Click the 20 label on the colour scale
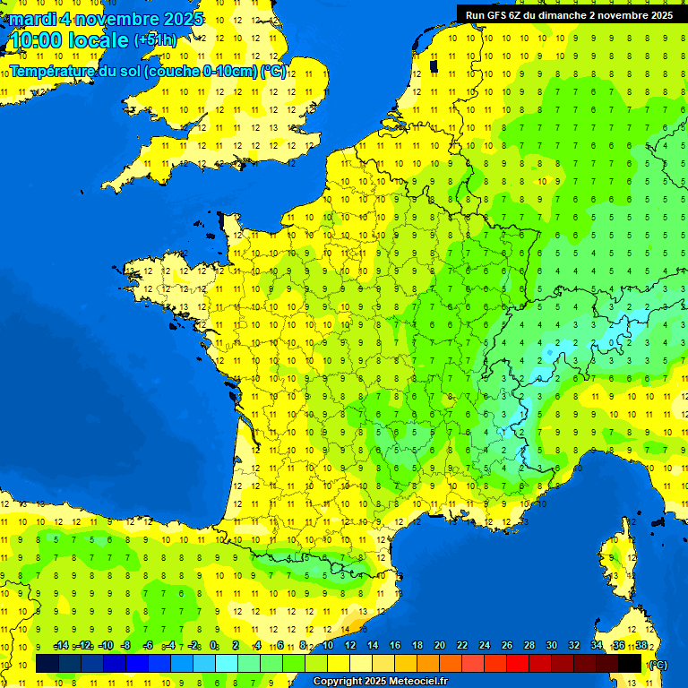440,646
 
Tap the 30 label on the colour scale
552,646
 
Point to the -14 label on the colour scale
61,646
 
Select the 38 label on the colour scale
641,646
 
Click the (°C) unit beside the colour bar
658,664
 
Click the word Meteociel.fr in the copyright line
418,682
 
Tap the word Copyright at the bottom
338,682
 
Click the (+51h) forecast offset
155,40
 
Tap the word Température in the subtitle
54,72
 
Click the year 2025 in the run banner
660,15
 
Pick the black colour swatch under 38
631,664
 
